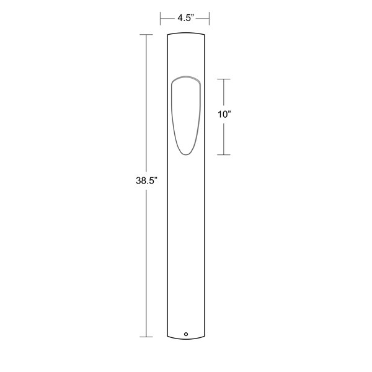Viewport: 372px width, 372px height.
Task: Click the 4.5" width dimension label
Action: pos(186,18)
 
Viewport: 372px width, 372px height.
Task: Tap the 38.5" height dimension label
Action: pos(146,180)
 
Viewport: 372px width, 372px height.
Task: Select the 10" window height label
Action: pos(224,114)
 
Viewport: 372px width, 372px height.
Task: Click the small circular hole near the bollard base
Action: pos(186,334)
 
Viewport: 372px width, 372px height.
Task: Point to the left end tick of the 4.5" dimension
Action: pos(161,19)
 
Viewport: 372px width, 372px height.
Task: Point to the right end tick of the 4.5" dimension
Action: pos(209,19)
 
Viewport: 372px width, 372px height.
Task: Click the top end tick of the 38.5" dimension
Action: pos(146,35)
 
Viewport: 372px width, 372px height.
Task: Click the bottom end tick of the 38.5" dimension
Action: pos(146,337)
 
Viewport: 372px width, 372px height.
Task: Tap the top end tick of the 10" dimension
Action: pos(224,79)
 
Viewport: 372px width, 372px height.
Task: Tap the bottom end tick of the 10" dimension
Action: pos(224,154)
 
